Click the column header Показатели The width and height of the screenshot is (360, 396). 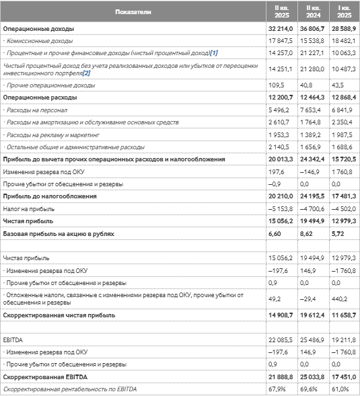coord(133,12)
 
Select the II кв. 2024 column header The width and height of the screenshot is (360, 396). coord(312,12)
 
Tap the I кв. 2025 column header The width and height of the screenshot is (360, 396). coord(344,12)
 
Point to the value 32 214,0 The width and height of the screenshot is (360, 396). coord(280,30)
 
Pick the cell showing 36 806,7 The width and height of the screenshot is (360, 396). coord(312,30)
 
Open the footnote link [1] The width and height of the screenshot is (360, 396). coord(214,52)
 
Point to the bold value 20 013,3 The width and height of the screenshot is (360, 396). coord(280,159)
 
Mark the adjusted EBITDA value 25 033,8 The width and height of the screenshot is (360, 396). coord(312,377)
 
